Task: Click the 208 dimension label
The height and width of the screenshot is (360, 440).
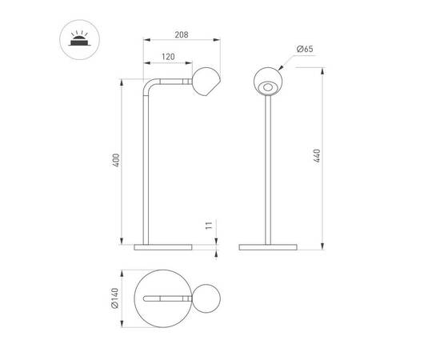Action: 181,35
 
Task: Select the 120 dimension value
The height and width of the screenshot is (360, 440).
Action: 167,58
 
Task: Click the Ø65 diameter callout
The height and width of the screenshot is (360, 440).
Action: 304,50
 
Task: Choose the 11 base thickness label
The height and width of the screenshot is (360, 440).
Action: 208,227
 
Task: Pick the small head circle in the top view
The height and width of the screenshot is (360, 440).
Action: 206,300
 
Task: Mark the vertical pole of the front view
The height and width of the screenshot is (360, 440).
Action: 267,168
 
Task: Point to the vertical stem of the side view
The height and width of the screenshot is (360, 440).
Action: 146,168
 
